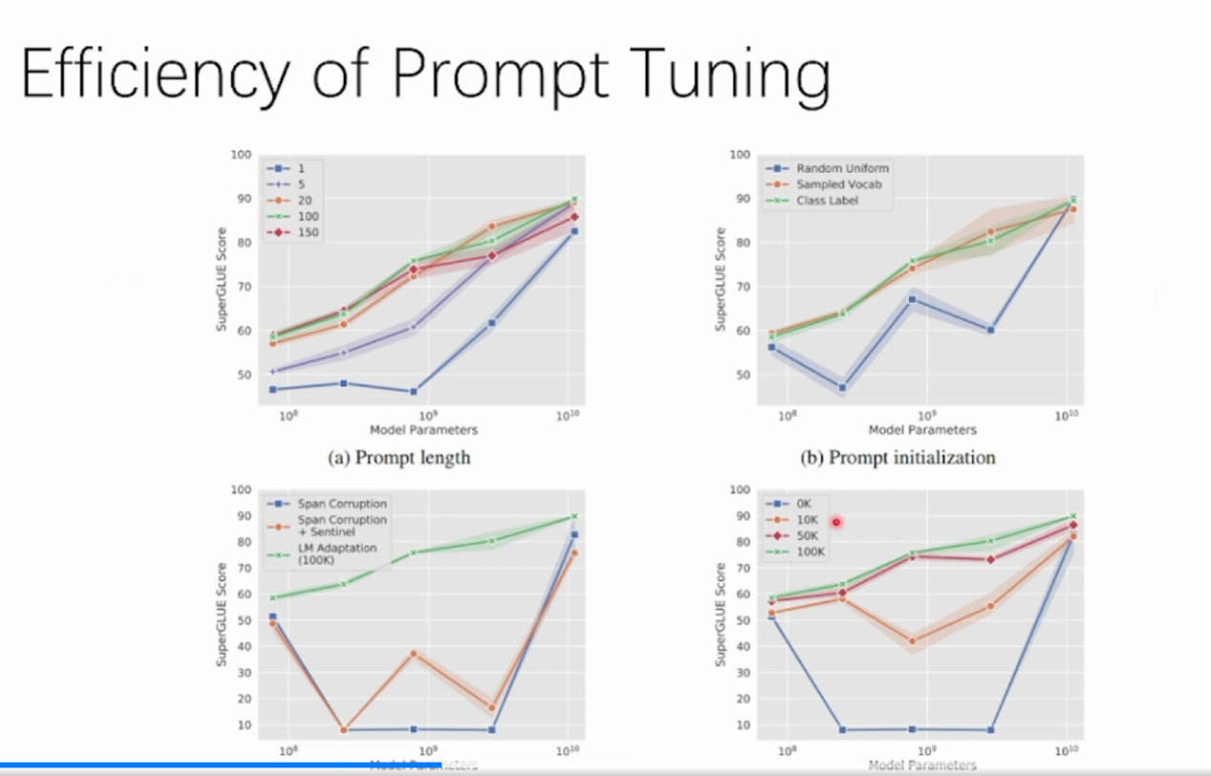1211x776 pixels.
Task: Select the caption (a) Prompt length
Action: coord(399,457)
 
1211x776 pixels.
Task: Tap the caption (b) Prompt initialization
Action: coord(898,457)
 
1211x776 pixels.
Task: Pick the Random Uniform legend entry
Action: coord(840,168)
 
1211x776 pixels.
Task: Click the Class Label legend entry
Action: coord(830,200)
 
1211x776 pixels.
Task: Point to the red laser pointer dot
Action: coord(837,522)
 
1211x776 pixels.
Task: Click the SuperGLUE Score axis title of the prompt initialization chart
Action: coord(721,280)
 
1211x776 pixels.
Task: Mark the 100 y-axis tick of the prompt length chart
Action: coord(240,155)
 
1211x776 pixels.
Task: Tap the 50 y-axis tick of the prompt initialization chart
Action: coord(739,375)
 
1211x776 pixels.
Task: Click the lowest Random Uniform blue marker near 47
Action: coord(841,388)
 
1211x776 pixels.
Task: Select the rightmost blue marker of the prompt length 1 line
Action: coord(574,231)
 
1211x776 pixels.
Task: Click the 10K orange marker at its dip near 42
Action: coord(912,641)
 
